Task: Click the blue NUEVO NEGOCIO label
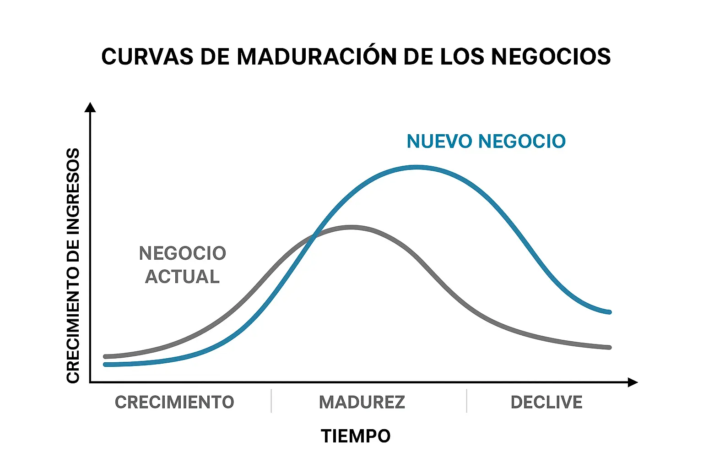pos(486,142)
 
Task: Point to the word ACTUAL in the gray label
pos(183,277)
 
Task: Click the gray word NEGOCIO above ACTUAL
pos(183,253)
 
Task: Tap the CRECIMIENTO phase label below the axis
pos(174,402)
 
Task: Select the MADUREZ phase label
pos(362,402)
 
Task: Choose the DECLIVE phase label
pos(546,402)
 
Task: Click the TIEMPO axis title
pos(356,436)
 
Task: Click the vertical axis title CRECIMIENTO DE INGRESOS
pos(73,266)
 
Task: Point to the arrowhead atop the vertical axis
pos(91,108)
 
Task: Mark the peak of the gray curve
pos(351,227)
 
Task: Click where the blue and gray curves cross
pos(314,236)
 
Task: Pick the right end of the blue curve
pos(609,312)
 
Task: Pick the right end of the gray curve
pos(609,348)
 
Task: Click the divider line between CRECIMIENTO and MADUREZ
pos(271,401)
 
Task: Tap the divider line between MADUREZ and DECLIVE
pos(467,401)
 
